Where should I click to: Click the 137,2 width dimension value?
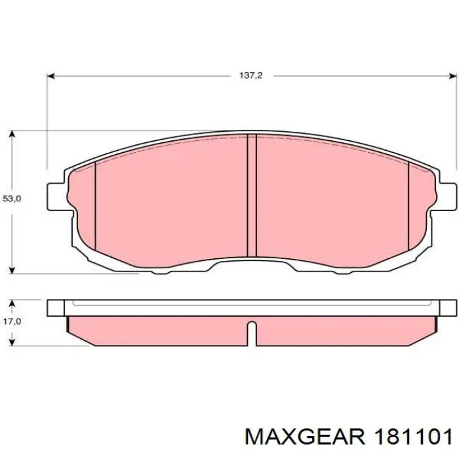pos(251,75)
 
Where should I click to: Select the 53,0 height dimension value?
pos(12,199)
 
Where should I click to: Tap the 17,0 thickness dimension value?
pos(12,321)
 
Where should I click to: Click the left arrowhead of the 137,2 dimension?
pos(51,76)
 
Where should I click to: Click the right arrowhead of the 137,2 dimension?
pos(452,76)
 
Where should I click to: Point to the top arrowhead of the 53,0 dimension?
pos(12,134)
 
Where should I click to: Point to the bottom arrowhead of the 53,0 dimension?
pos(12,270)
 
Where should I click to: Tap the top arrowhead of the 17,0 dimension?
pos(12,303)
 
